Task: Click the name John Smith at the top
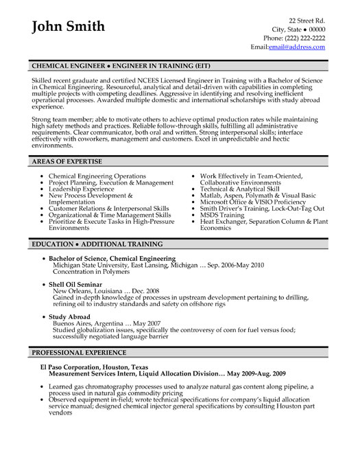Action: point(69,27)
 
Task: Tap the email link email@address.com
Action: point(297,47)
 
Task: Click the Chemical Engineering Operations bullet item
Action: point(97,176)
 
